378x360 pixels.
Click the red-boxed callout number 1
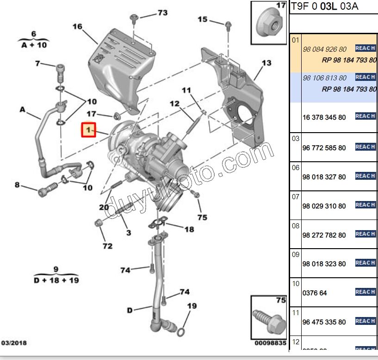tap(88, 130)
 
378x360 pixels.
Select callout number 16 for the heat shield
tap(77, 27)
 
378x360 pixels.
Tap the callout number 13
tap(266, 63)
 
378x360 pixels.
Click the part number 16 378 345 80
tap(324, 117)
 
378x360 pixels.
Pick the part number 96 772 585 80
tap(324, 148)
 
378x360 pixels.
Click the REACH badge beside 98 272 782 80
tap(365, 234)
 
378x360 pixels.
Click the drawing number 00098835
tap(270, 343)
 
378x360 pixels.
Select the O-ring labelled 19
tap(183, 331)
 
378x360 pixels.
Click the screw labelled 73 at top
tap(134, 18)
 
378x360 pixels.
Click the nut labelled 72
tap(97, 224)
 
